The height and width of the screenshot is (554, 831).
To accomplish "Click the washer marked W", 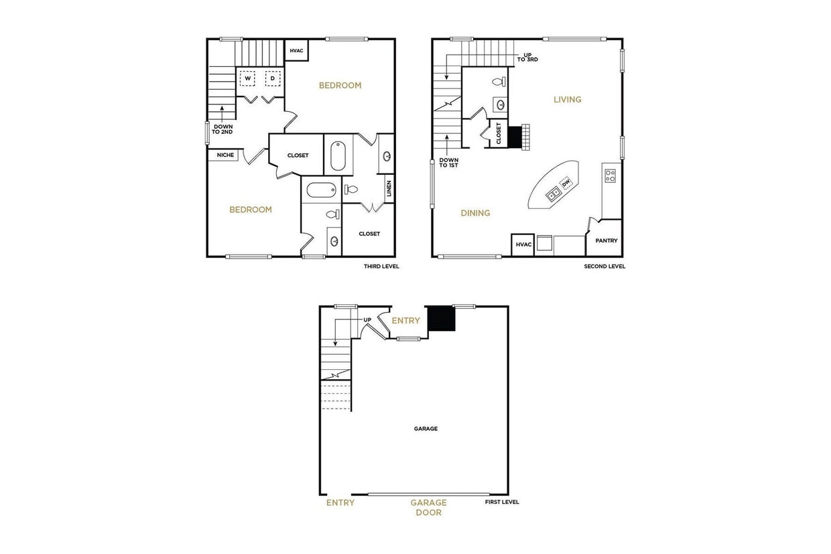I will click(x=247, y=78).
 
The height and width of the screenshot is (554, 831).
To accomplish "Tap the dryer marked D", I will click(x=272, y=78).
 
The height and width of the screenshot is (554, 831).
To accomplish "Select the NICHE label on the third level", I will click(x=225, y=155).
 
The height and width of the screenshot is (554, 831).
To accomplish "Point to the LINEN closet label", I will click(x=389, y=189).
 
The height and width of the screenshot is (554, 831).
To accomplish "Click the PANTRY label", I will click(x=606, y=241).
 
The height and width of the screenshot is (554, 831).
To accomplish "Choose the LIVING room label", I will click(x=567, y=100).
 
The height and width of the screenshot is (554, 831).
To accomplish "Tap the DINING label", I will click(x=475, y=213).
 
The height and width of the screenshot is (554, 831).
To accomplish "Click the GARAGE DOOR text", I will click(x=428, y=508).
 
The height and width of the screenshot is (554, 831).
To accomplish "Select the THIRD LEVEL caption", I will click(x=381, y=266).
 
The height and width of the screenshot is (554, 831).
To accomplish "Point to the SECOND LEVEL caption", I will click(x=604, y=266).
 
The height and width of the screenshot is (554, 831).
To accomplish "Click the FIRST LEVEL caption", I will click(x=503, y=502).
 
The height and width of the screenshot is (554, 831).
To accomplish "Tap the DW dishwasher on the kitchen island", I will click(x=565, y=182).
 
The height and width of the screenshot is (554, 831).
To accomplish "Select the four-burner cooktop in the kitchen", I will click(x=611, y=176).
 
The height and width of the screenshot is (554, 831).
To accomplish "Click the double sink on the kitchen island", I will click(x=554, y=194).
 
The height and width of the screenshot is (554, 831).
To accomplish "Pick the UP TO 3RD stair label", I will click(x=527, y=57).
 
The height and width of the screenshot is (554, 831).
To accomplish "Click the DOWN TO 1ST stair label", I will click(x=448, y=163).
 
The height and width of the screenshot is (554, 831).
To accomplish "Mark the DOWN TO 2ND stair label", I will click(x=222, y=129).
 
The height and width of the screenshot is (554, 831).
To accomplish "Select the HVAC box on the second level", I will click(x=523, y=245).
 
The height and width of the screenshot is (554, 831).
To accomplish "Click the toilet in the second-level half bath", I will click(x=498, y=82).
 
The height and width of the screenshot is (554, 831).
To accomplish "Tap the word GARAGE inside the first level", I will click(x=426, y=429).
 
